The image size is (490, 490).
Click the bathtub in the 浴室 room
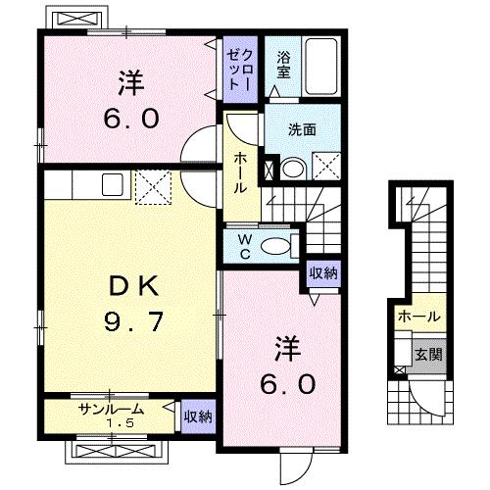(320, 67)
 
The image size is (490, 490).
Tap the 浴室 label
(283, 65)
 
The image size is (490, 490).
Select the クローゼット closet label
(240, 70)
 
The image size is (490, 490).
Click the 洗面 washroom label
(302, 129)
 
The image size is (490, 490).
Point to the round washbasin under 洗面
(293, 169)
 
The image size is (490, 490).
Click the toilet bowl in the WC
(275, 246)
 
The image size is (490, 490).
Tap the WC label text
(245, 247)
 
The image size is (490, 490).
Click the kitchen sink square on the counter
(112, 184)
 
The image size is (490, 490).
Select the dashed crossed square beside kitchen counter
(153, 187)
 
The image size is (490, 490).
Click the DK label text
(133, 286)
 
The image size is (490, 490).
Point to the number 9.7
(133, 321)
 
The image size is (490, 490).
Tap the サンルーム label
(112, 409)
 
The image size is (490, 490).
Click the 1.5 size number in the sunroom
(121, 423)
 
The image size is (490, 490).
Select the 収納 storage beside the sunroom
(198, 416)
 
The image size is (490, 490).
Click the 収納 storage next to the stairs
(323, 273)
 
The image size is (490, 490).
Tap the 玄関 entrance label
(428, 355)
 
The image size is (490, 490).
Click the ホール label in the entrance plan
(419, 316)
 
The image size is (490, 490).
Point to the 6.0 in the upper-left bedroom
(131, 119)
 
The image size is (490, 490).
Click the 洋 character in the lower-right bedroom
(287, 349)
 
